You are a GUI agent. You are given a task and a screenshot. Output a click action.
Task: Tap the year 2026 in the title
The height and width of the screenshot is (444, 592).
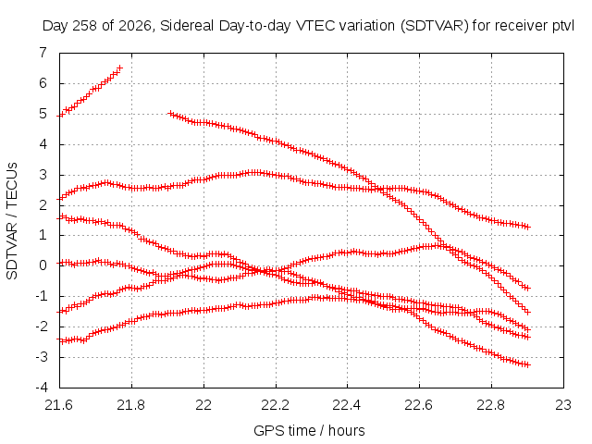(135, 26)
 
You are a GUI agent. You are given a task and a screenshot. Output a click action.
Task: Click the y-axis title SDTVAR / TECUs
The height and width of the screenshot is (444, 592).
(12, 221)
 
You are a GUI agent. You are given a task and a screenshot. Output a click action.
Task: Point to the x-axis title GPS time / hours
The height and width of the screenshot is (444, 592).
(309, 430)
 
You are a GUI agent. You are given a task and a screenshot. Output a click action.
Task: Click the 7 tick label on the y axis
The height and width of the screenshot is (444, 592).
(43, 52)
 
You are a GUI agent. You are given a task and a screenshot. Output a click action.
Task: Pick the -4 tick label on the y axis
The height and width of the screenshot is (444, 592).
(42, 387)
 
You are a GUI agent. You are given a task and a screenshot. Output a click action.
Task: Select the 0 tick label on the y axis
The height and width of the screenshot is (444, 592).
(43, 265)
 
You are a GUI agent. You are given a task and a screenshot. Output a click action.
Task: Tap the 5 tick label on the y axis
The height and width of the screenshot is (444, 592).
(43, 114)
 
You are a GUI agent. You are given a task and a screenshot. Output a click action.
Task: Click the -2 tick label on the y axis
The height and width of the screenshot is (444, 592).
(42, 327)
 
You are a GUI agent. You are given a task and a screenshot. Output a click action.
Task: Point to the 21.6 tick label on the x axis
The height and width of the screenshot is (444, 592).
(59, 405)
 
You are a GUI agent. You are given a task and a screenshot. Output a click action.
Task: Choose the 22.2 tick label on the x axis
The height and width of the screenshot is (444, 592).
(276, 405)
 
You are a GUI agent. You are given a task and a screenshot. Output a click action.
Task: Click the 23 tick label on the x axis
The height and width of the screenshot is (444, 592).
(563, 405)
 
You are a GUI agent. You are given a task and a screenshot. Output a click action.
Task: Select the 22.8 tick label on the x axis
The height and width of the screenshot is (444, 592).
(491, 405)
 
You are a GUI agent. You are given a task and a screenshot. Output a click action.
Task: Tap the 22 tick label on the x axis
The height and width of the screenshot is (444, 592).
(203, 405)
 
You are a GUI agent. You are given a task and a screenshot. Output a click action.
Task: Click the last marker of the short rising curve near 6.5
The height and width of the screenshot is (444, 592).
(119, 68)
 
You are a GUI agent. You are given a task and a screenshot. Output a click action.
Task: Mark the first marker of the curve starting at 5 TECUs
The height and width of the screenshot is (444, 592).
(170, 113)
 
